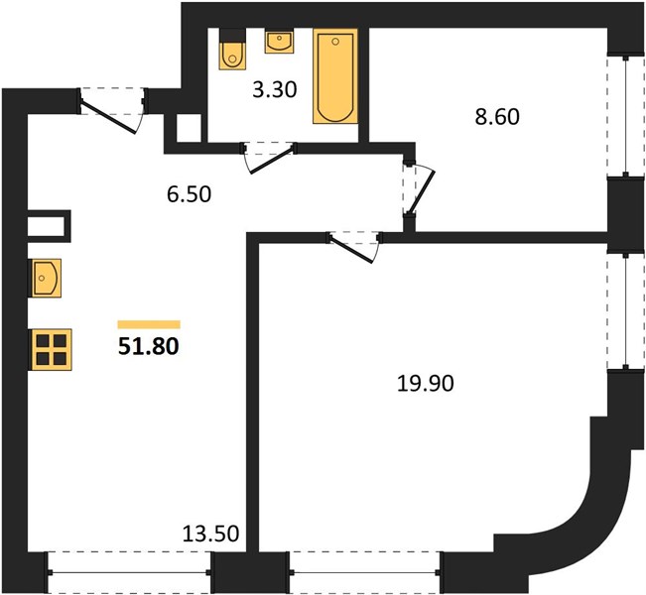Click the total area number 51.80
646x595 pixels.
click(148, 347)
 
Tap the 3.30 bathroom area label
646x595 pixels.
click(275, 90)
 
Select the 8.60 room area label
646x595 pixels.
click(497, 117)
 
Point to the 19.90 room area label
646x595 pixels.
click(426, 384)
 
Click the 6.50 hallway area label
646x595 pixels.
click(190, 194)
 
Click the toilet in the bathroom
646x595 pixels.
click(232, 49)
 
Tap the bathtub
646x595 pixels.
click(335, 76)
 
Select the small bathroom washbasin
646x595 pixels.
click(279, 41)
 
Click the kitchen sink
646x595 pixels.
click(45, 278)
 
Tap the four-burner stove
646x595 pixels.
click(50, 350)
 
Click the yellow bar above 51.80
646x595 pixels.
click(149, 324)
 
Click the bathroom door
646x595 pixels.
click(269, 158)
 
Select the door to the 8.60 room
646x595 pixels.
click(418, 188)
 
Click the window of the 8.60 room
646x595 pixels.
click(626, 115)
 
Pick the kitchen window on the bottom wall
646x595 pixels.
click(129, 572)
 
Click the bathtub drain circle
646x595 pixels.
click(335, 42)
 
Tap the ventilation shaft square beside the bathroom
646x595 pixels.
click(189, 128)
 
